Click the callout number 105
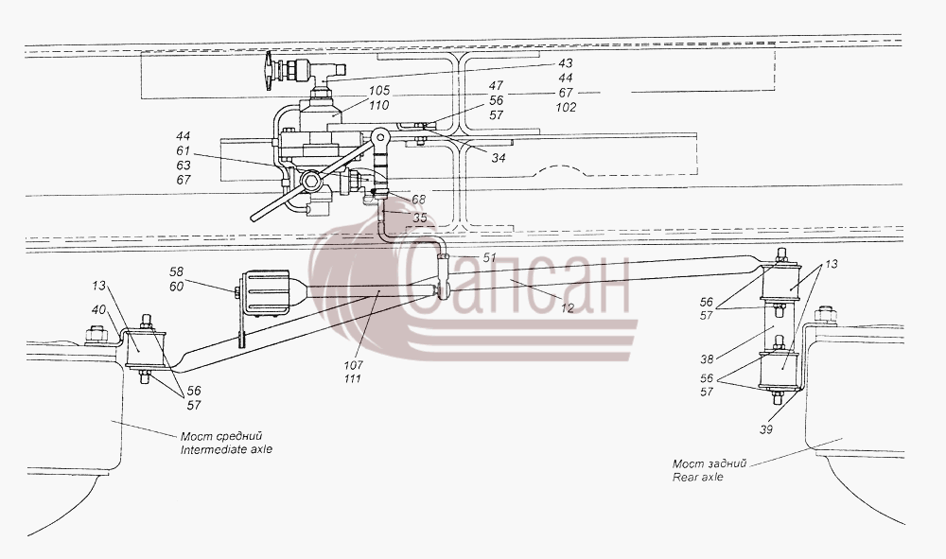[x=380, y=91]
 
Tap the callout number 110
[x=379, y=106]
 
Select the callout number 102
[x=566, y=107]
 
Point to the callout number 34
[x=498, y=158]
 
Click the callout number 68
[x=419, y=200]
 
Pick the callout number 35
[x=420, y=218]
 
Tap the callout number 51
[x=489, y=258]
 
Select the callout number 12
[x=567, y=308]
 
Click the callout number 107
[x=353, y=365]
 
